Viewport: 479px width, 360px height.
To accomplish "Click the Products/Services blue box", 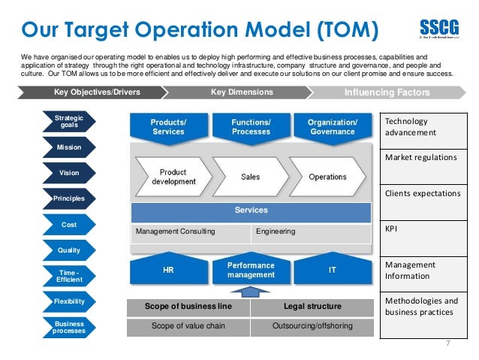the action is click(169, 127).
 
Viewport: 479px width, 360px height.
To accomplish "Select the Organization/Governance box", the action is click(333, 127).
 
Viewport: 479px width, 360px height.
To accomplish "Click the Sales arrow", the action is click(250, 177).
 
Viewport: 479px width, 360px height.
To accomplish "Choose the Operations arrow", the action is click(327, 177).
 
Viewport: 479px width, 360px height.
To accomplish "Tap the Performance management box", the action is click(251, 271).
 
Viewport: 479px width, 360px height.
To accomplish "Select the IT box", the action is click(333, 270).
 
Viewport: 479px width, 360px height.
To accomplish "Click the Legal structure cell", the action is click(312, 307).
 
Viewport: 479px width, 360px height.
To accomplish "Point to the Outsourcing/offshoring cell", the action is click(312, 327).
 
